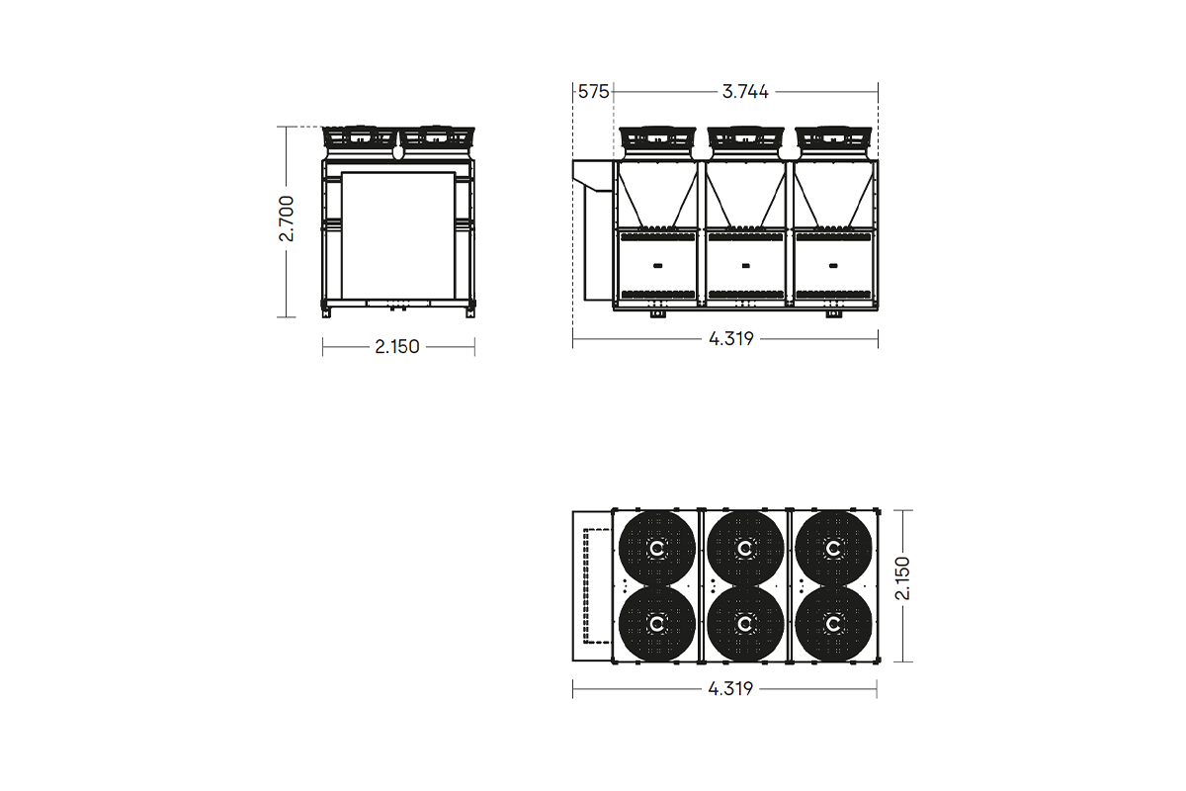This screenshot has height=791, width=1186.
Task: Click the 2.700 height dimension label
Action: (286, 220)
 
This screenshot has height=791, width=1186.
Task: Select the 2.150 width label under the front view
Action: (397, 347)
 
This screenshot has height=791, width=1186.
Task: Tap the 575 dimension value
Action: (593, 92)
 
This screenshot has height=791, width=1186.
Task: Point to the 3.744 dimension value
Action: (745, 92)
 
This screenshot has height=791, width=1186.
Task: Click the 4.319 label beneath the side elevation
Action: (731, 339)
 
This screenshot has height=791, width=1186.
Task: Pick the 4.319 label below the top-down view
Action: (731, 689)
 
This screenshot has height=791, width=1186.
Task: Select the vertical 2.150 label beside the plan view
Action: (901, 578)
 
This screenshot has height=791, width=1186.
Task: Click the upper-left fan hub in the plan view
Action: (657, 548)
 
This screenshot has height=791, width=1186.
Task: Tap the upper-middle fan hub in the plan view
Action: (745, 548)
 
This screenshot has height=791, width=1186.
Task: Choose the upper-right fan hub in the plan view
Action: (833, 548)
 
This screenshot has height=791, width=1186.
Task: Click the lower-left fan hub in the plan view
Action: (657, 624)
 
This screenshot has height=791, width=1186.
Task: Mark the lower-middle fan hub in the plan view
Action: (745, 624)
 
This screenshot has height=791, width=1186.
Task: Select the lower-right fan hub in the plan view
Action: (833, 624)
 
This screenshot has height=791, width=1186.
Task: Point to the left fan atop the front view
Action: (361, 137)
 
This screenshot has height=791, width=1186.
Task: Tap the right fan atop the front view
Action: (436, 137)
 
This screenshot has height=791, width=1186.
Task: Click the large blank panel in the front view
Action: (397, 234)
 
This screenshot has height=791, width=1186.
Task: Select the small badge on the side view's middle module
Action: (745, 265)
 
